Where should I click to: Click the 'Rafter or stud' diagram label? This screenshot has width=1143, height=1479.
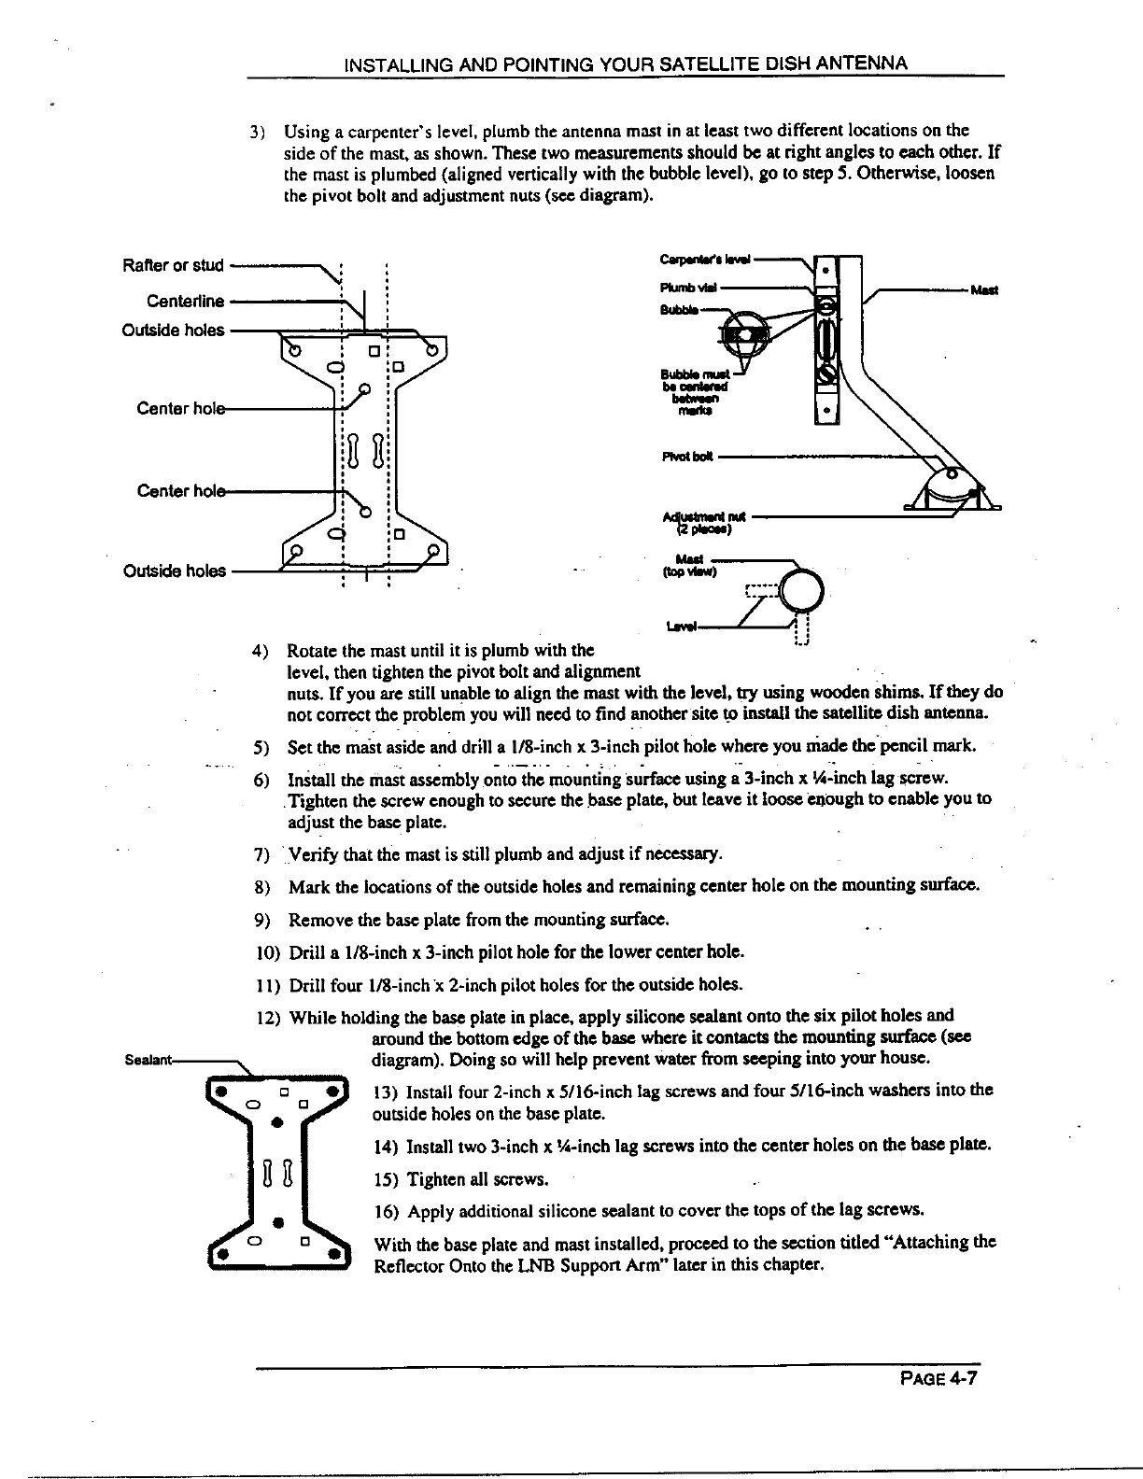pyautogui.click(x=174, y=265)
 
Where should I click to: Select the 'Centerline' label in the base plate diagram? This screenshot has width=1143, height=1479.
pyautogui.click(x=186, y=301)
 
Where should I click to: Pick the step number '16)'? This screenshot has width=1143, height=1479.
pyautogui.click(x=385, y=1211)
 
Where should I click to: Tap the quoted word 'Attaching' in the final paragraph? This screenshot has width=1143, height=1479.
pyautogui.click(x=945, y=1243)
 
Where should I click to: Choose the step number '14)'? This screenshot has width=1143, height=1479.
pyautogui.click(x=385, y=1145)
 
